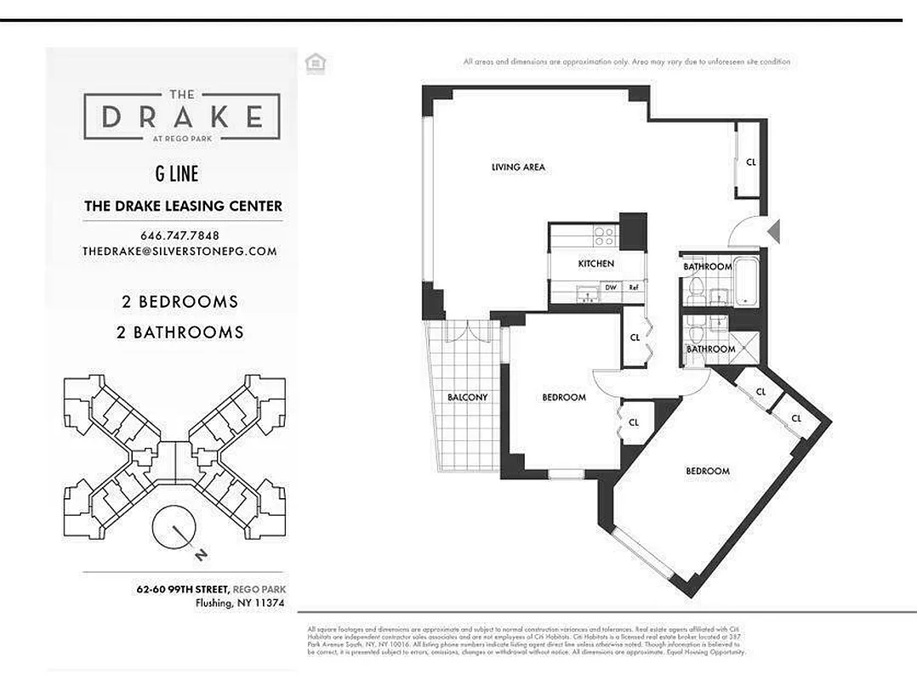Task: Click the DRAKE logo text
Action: coord(181,116)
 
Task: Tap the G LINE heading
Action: coord(177,174)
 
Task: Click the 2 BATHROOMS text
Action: coord(179,332)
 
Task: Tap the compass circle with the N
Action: coord(175,531)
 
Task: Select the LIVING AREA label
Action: coord(518,167)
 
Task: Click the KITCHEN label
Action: coord(595,263)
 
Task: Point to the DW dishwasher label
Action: coord(610,288)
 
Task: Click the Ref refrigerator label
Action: coord(634,288)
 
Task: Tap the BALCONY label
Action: coord(467,397)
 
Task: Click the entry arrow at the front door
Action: coord(773,231)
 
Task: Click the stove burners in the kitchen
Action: coord(603,234)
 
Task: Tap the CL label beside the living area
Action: coord(750,161)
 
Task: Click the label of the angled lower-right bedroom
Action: coord(708,471)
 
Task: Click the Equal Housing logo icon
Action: coord(316,62)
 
